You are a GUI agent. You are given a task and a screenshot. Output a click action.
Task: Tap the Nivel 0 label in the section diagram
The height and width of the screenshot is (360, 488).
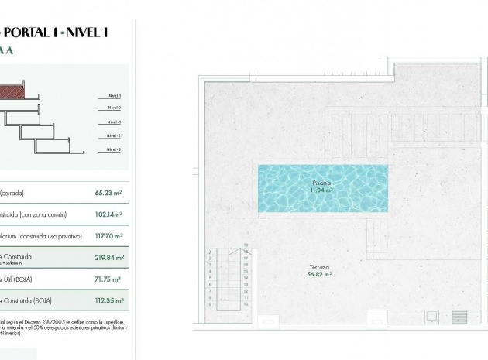[113, 108]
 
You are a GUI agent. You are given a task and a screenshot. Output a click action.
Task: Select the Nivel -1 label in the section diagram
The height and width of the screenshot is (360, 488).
[113, 122]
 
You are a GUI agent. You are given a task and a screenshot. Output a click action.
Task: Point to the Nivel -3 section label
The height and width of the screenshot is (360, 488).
[113, 149]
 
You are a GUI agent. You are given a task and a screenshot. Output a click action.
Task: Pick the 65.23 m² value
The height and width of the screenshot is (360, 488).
[109, 194]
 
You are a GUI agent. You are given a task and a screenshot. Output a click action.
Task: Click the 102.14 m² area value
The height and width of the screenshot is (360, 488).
[108, 214]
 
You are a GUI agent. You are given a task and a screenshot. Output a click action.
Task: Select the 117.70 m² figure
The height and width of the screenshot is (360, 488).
[108, 235]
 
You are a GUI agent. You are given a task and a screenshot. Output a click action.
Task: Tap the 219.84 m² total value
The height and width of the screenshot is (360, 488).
[108, 258]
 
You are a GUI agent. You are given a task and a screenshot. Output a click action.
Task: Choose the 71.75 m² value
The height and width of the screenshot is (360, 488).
[109, 279]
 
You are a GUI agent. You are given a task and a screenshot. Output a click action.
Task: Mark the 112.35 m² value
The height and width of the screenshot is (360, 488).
[108, 301]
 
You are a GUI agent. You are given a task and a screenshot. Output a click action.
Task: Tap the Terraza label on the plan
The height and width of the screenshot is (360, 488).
[318, 266]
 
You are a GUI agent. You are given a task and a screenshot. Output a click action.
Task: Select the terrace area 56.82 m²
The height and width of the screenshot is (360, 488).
[318, 273]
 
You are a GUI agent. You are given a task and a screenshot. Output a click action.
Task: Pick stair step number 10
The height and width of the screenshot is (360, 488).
[246, 305]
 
